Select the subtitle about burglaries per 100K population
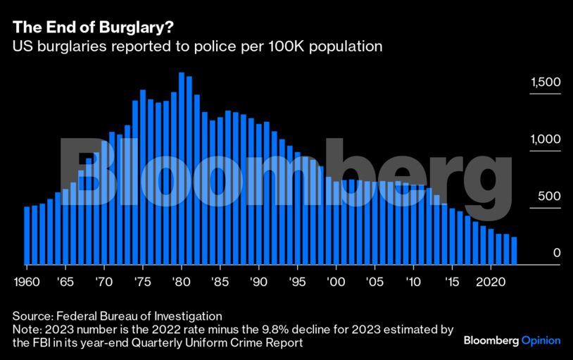(x=197, y=47)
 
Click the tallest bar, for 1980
(x=182, y=169)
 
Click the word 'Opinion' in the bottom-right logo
(x=541, y=341)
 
